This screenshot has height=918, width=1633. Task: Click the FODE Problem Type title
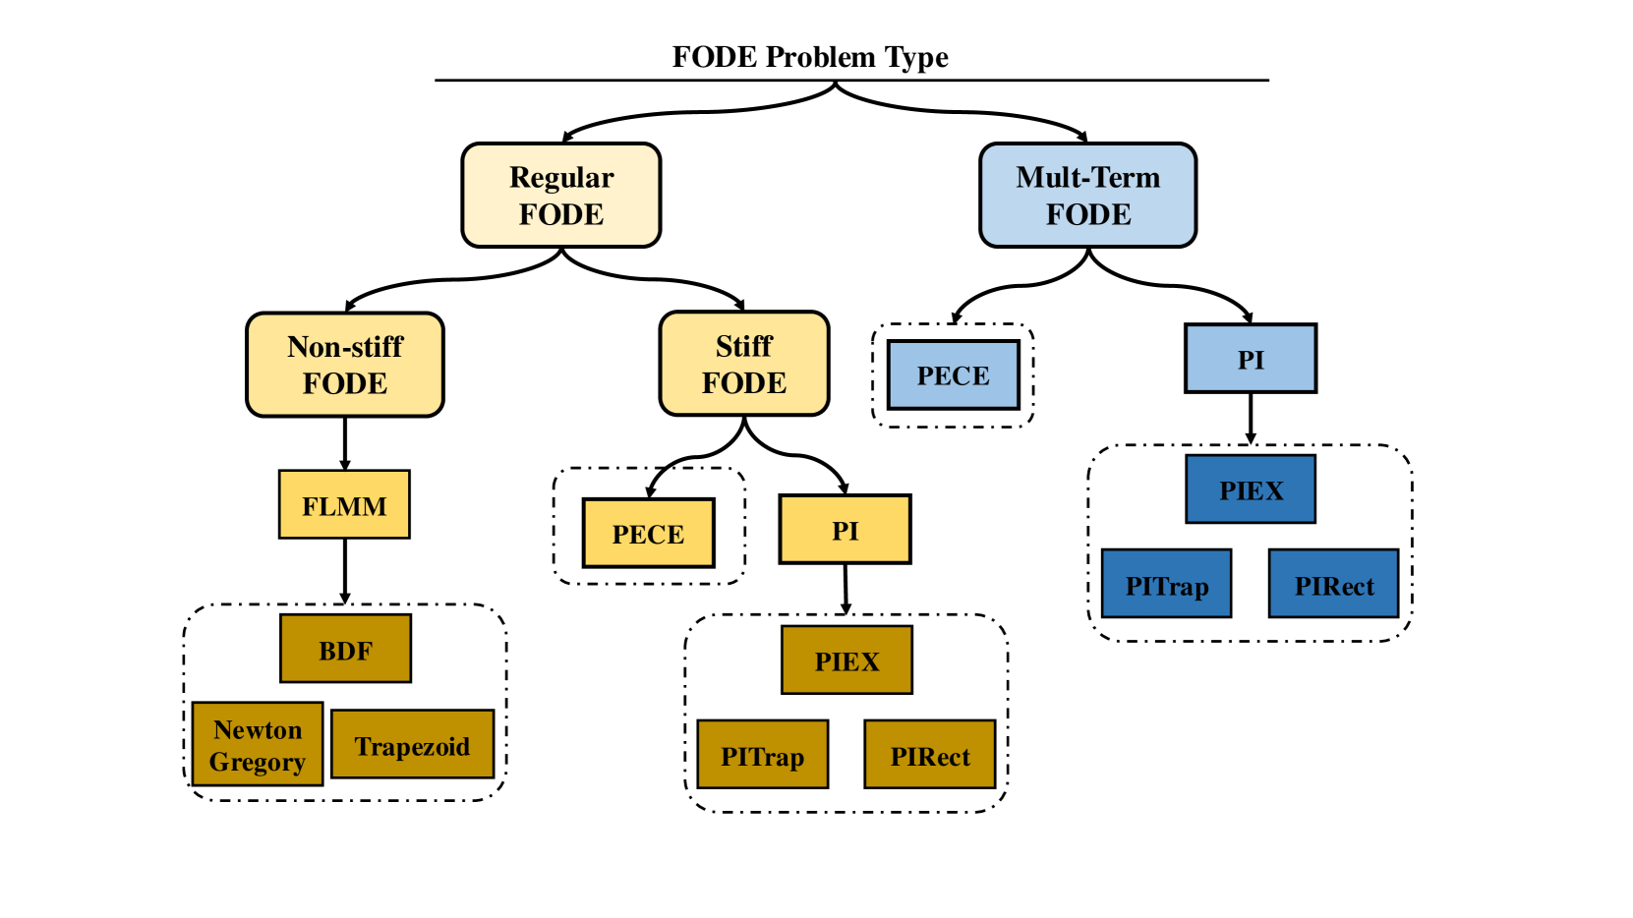click(x=810, y=57)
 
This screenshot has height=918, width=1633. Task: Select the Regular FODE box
click(x=561, y=196)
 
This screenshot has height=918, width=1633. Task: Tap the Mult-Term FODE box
click(x=1087, y=196)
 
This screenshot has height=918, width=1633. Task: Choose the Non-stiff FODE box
click(x=345, y=365)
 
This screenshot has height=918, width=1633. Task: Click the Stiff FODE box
click(x=744, y=365)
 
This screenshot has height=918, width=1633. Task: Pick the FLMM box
click(x=344, y=505)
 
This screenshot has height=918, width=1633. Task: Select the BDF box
click(x=345, y=649)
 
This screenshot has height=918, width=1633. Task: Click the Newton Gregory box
click(x=258, y=744)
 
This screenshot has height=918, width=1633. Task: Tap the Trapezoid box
click(x=413, y=744)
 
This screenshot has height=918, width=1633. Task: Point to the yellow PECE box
click(x=648, y=533)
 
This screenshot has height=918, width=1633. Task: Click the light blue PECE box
click(x=953, y=374)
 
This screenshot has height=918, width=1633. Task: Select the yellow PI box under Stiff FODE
click(x=845, y=530)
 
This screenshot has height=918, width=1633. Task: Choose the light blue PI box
click(x=1251, y=359)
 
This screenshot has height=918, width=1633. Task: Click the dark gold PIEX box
click(x=847, y=660)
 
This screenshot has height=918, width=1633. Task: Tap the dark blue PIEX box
click(x=1251, y=488)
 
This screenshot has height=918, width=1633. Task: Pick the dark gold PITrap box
click(x=763, y=754)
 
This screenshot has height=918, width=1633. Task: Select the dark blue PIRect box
click(x=1334, y=584)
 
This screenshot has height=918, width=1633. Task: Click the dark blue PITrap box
click(x=1166, y=584)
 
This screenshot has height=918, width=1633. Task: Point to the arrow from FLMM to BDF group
click(x=345, y=572)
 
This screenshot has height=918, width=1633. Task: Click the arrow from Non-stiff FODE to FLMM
click(x=345, y=443)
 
